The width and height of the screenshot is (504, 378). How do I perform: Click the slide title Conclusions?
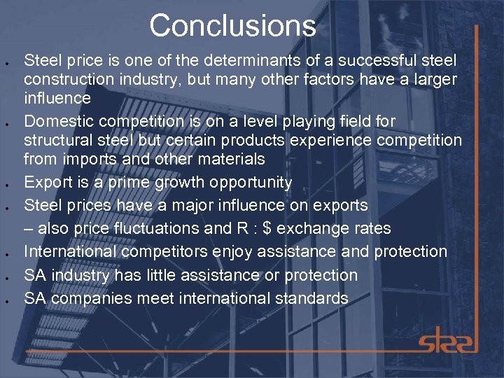(232, 26)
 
